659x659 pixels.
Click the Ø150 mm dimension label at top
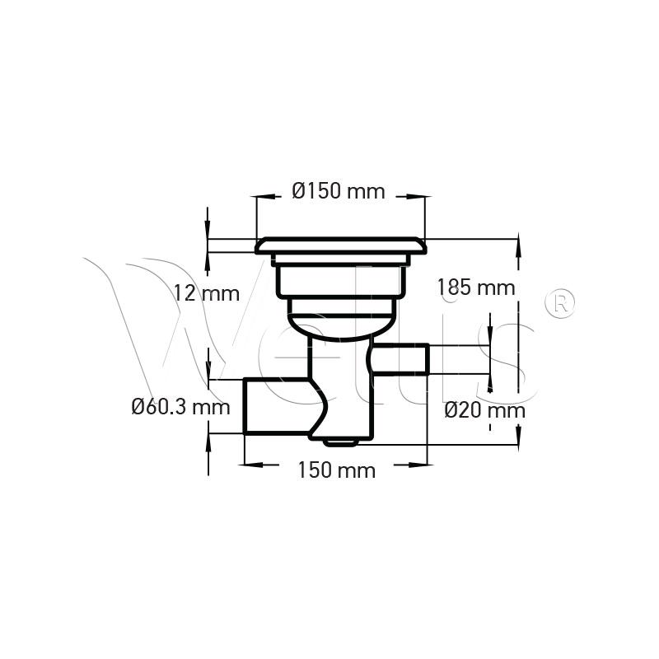click(339, 191)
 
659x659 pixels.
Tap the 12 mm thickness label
click(207, 293)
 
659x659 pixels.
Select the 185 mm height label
click(476, 287)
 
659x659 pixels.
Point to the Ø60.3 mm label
click(181, 407)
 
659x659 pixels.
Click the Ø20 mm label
click(485, 410)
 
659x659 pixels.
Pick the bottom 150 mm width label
click(337, 470)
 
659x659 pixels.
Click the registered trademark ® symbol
click(559, 302)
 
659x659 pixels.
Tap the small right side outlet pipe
click(400, 358)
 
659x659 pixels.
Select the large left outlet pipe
click(279, 405)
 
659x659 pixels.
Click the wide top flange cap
click(341, 245)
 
